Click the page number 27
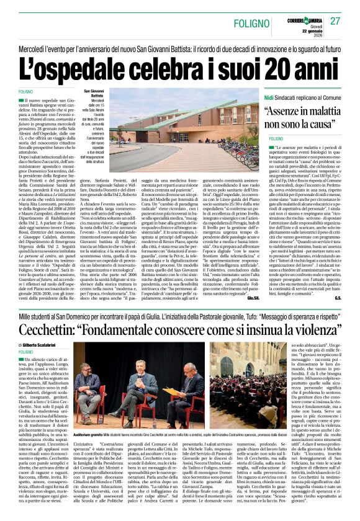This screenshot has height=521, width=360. (335, 21)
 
